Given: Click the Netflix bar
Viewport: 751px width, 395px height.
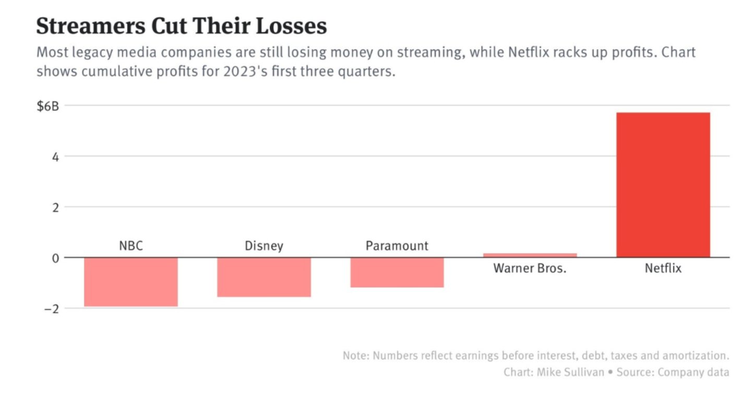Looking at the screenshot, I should [663, 185].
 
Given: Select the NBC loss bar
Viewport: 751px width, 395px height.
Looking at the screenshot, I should [130, 282].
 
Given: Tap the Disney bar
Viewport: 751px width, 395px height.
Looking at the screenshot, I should [264, 277].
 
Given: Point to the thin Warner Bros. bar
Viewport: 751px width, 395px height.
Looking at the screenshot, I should [530, 255].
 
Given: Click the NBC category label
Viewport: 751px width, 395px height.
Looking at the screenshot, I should [130, 245].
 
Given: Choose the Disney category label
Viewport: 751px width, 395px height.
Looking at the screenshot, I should [264, 245].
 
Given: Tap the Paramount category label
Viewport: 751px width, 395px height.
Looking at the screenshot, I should [397, 245].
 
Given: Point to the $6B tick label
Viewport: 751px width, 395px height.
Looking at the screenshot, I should [48, 106].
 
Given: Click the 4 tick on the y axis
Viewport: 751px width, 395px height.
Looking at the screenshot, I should [55, 156].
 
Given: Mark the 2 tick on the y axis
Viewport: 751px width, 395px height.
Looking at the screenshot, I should [55, 207].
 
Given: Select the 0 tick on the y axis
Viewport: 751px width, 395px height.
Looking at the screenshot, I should [55, 257].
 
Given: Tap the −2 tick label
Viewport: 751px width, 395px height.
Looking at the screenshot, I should [51, 308].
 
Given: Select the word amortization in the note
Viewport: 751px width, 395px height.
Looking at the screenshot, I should [696, 356].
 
